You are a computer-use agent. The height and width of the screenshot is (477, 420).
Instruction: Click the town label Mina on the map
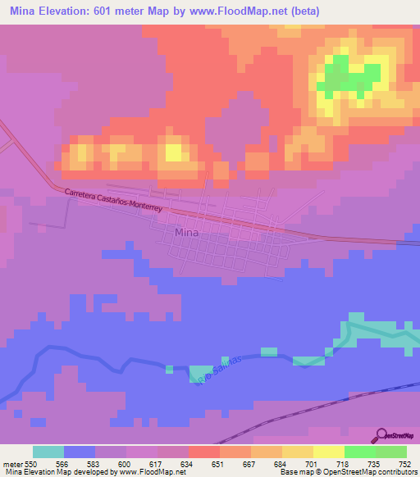point(185,233)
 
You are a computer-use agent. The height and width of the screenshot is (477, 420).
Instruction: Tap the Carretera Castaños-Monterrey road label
point(115,200)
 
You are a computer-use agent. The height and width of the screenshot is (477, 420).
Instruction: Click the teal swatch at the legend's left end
point(48,452)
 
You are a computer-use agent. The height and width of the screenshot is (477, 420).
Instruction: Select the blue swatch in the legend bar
point(80,452)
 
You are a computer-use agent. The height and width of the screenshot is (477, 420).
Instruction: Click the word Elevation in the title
point(71,11)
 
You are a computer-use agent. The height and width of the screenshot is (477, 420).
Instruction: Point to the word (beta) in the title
point(302,11)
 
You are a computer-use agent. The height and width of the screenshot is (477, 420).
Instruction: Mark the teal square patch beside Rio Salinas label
point(199,374)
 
